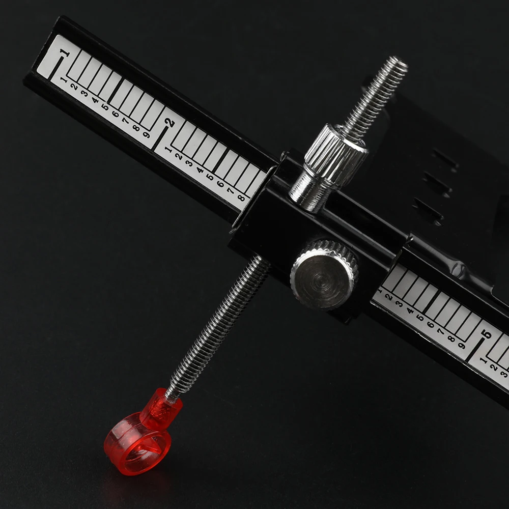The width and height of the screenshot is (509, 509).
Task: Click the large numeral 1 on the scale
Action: coord(65,52)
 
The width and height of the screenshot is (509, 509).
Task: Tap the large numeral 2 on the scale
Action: coord(170,123)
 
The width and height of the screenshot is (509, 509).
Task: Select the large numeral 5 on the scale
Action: coord(487,334)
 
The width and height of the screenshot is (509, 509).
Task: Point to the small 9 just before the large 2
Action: coord(147,134)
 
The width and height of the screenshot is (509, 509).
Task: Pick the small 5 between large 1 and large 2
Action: coord(105,107)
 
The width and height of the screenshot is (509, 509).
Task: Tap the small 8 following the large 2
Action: coord(241,197)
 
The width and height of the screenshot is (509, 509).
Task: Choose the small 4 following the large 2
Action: coord(200,170)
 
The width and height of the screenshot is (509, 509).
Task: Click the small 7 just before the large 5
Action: coord(441,332)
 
